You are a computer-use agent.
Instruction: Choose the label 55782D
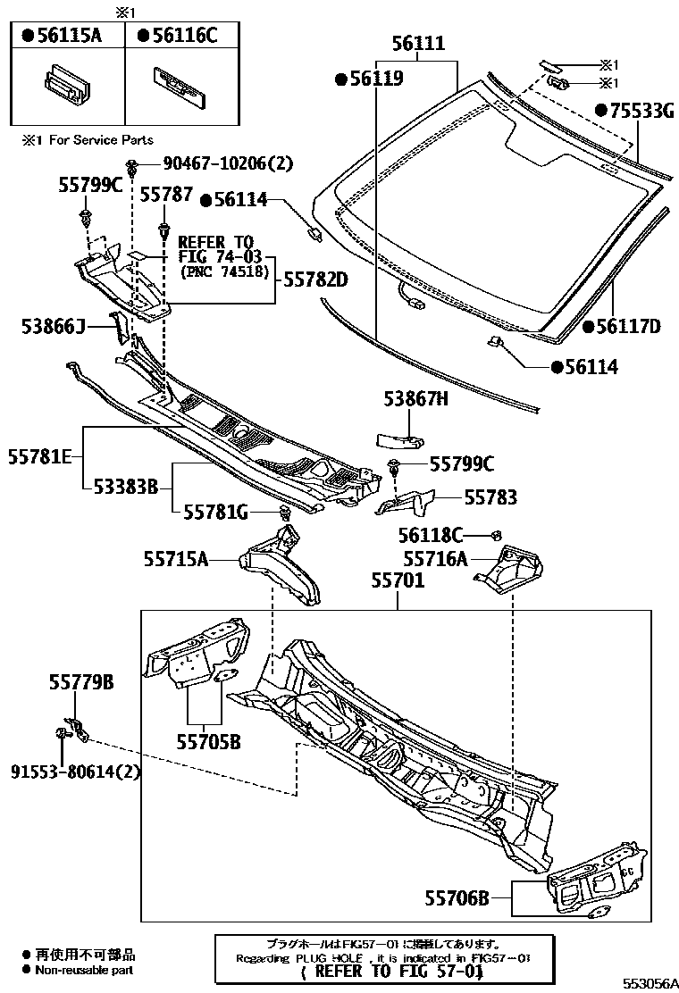point(316,280)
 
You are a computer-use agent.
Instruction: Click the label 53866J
point(53,328)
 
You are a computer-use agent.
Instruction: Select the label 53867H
point(416,401)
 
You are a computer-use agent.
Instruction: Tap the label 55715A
point(176,559)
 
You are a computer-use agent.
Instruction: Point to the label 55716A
point(435,559)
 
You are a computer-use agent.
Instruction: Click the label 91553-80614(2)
point(77,771)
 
